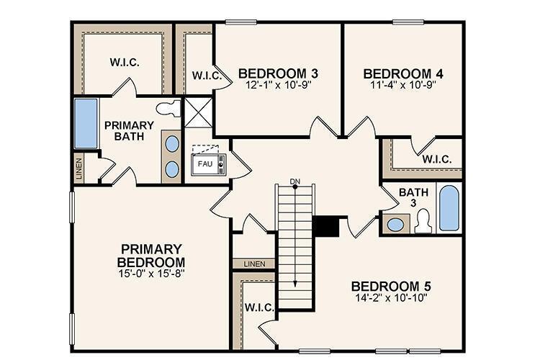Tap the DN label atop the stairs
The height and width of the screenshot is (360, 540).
click(x=294, y=181)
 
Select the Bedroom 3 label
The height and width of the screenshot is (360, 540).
click(x=278, y=73)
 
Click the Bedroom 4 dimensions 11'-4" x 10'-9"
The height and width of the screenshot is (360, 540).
click(x=402, y=84)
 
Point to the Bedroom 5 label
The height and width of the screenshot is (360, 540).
click(x=392, y=285)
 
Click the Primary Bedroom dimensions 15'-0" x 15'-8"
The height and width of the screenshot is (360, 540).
click(x=151, y=274)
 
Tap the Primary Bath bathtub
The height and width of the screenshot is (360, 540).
click(x=86, y=124)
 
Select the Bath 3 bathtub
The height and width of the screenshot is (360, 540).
click(x=449, y=208)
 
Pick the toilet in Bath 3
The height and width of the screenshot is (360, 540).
click(x=423, y=221)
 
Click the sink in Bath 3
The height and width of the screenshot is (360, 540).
click(x=395, y=224)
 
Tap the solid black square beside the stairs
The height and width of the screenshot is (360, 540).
click(x=327, y=226)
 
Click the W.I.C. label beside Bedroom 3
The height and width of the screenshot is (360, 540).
click(x=205, y=75)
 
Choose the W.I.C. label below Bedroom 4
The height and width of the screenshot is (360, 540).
click(x=436, y=159)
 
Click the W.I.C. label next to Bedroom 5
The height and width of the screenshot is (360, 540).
click(x=257, y=307)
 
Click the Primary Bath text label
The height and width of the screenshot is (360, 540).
click(x=129, y=130)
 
